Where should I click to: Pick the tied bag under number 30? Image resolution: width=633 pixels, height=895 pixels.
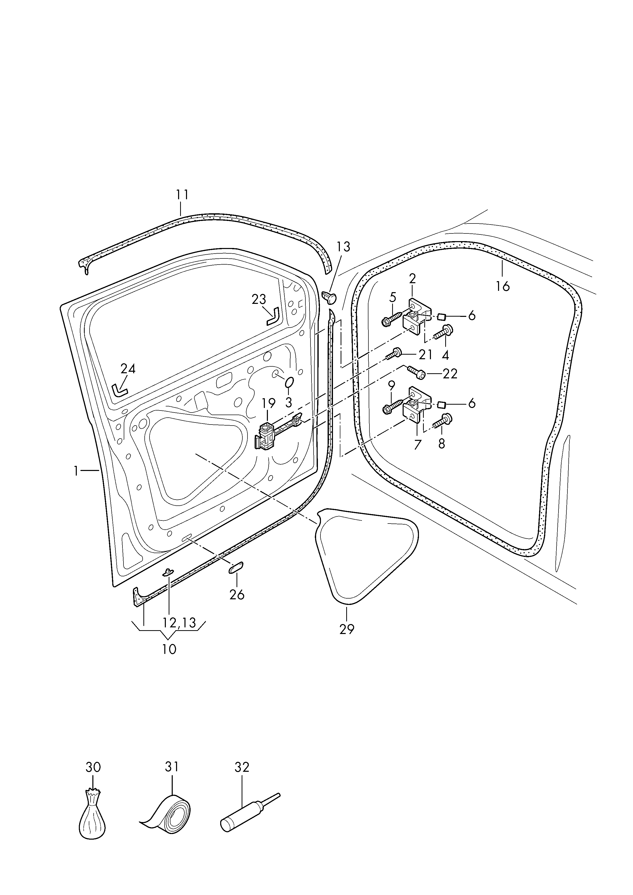click(x=93, y=816)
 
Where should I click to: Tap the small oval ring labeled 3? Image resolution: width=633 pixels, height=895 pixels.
click(x=289, y=383)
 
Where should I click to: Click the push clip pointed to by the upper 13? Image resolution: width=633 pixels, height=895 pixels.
click(x=329, y=297)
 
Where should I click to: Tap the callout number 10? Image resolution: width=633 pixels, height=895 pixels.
click(x=169, y=649)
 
